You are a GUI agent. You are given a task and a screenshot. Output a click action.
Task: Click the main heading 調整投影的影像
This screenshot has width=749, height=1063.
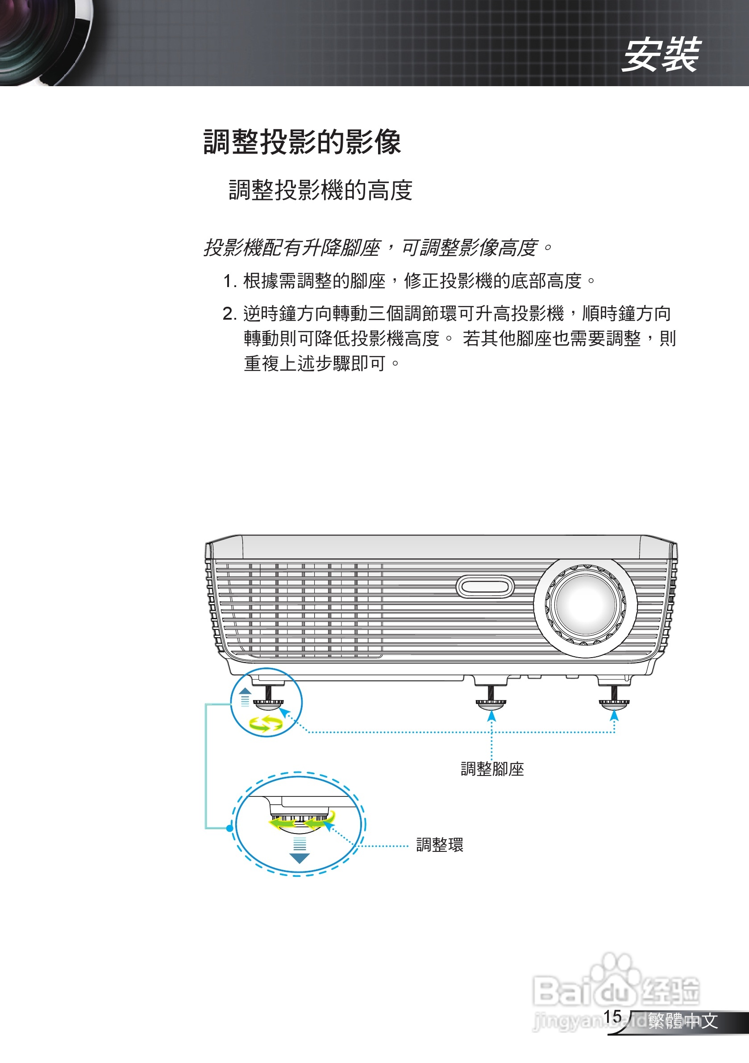[302, 142]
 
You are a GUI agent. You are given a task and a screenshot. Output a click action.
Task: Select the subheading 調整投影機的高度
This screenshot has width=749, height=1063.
[320, 190]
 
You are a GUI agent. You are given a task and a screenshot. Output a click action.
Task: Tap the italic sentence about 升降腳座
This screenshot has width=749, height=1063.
[377, 248]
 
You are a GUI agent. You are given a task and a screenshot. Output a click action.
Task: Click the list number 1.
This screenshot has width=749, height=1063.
[228, 281]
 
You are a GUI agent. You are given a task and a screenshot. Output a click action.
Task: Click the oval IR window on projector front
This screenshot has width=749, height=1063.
[485, 587]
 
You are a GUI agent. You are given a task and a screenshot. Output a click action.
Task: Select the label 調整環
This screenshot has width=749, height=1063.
[439, 845]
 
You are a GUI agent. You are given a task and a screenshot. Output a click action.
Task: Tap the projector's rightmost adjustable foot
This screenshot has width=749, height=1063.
[614, 700]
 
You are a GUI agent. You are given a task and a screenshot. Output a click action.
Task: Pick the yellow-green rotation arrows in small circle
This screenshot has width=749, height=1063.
[265, 723]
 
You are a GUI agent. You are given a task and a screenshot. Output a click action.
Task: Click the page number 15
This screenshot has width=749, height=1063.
[612, 1016]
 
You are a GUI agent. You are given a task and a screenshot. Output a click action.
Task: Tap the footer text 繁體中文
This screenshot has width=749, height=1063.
[683, 1021]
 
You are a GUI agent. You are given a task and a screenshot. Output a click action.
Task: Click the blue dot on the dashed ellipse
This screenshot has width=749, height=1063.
[230, 828]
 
